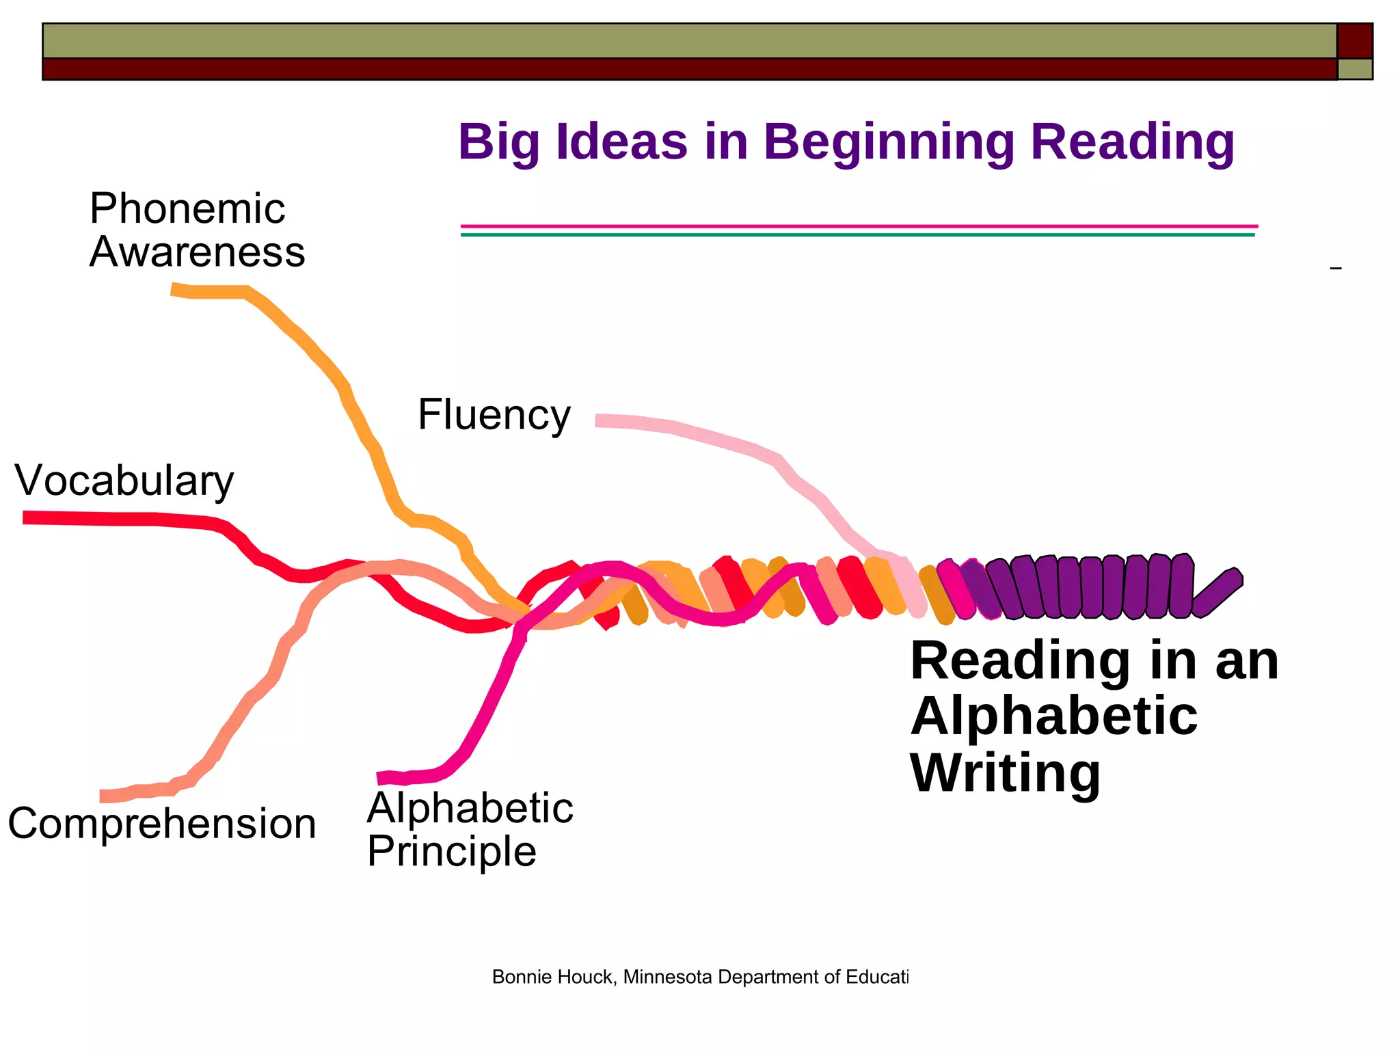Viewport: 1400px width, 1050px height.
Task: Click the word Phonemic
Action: pos(187,208)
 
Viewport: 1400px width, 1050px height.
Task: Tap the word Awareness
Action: pos(197,252)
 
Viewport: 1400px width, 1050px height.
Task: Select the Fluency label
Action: pos(494,415)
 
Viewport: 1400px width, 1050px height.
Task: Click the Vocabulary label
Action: pos(124,481)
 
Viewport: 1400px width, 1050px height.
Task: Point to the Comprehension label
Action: pos(162,824)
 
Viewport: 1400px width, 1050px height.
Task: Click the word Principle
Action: pos(451,852)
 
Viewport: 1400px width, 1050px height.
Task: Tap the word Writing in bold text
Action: pos(1005,772)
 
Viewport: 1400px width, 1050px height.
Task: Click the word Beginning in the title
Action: pos(889,142)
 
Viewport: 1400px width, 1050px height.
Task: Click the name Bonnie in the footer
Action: pos(517,977)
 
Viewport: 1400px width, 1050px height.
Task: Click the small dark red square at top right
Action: pos(1355,40)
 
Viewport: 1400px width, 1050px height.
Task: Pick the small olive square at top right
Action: pos(1355,69)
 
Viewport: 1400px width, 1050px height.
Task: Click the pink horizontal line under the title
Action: pos(859,226)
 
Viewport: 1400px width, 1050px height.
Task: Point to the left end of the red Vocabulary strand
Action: pos(27,517)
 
